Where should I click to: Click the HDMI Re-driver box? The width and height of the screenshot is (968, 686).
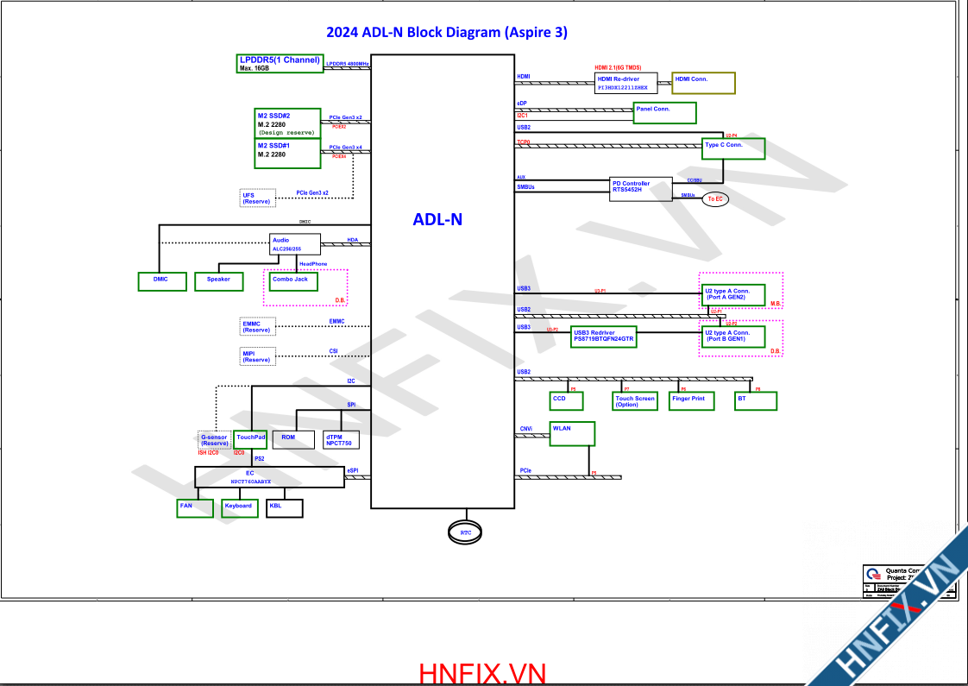coord(626,83)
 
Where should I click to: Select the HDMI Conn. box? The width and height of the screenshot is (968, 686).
coord(703,83)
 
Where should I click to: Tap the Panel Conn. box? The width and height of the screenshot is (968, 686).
coord(664,112)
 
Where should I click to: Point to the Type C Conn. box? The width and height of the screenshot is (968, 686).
coord(733,148)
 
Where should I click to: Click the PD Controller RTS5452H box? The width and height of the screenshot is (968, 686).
coord(641,190)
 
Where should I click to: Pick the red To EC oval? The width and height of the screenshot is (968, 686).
coord(714,199)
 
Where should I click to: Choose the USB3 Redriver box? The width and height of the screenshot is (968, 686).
coord(604,337)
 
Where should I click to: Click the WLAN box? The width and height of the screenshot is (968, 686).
coord(571,434)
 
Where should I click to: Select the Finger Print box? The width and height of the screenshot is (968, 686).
coord(691,401)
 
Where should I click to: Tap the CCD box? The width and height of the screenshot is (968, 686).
coord(566,401)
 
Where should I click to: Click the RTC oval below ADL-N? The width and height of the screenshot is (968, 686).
coord(466,532)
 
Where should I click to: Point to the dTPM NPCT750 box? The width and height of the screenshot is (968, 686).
coord(342,440)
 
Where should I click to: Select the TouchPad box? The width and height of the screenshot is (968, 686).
coord(251,440)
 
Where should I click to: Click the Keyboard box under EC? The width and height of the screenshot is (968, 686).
coord(239,508)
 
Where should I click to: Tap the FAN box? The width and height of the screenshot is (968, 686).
coord(191,508)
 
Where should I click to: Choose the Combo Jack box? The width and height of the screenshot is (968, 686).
coord(293,281)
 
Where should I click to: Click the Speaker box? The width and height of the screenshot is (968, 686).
coord(218,281)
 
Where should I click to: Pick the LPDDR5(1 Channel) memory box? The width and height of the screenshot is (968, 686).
coord(280,63)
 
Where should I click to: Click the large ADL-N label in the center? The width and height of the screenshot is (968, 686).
coord(437,219)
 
